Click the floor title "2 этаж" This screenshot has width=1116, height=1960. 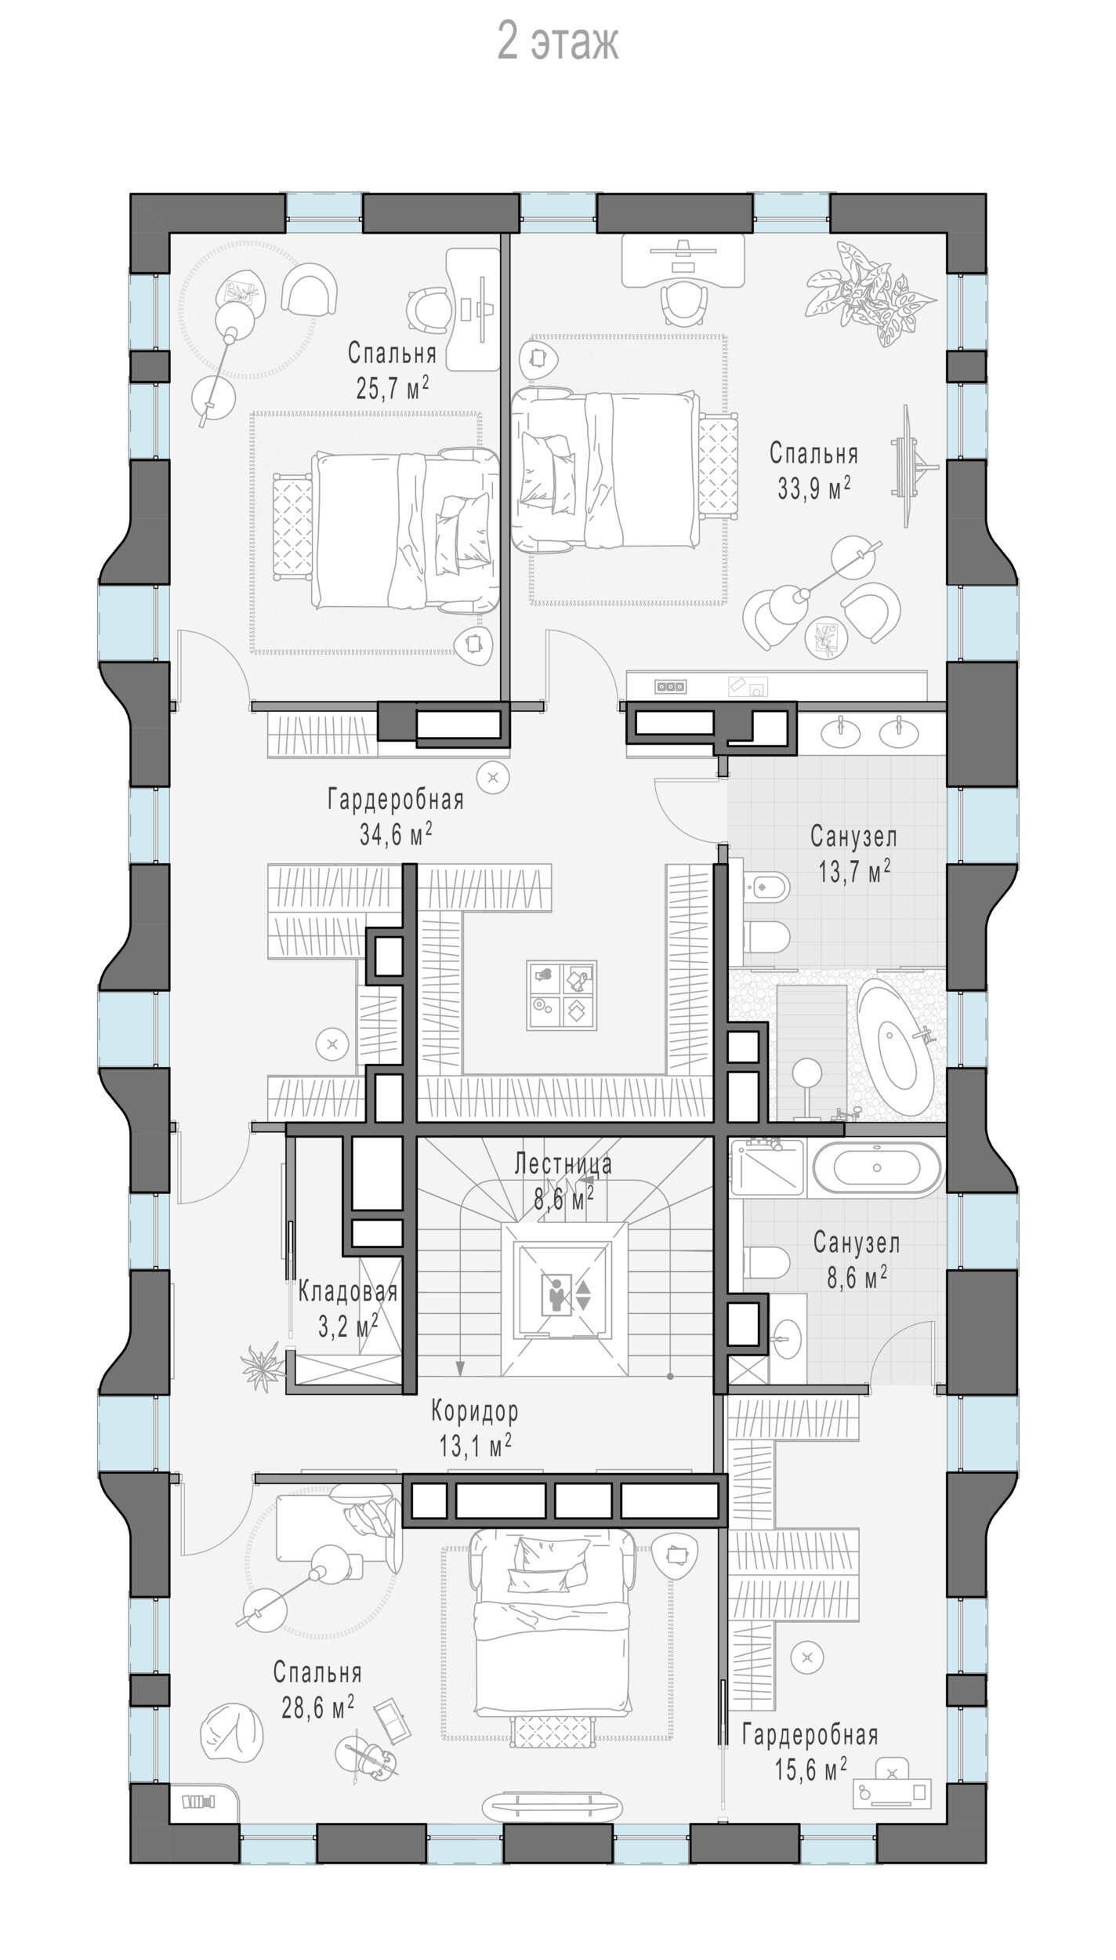pos(557,43)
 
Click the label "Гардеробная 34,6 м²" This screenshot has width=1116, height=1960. pos(396,817)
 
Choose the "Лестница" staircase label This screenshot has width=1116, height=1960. pos(563,1163)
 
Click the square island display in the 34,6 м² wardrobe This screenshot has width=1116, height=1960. pos(560,995)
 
